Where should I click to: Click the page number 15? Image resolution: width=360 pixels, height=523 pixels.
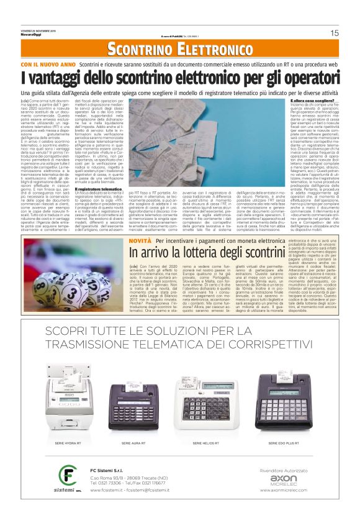[334, 33]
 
